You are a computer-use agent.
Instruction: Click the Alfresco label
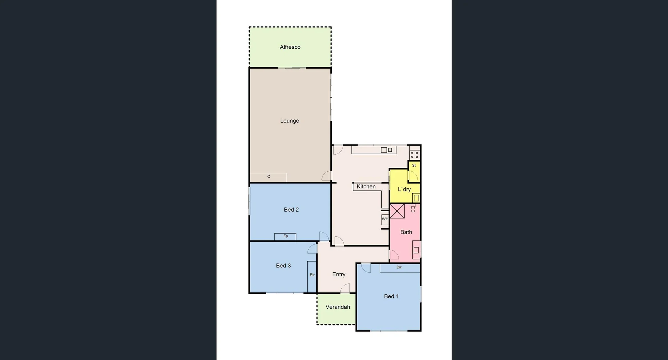coord(290,47)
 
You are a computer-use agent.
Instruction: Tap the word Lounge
coord(289,121)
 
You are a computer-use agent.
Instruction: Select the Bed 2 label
coord(291,210)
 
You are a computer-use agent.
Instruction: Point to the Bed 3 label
coord(283,266)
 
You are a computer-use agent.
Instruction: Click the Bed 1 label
coord(391,296)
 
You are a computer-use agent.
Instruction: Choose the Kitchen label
coord(366,187)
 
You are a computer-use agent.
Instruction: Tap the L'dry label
coord(404,189)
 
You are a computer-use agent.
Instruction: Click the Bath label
coord(406,232)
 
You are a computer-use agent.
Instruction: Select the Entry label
coord(339,274)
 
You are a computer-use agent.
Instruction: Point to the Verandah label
coord(337,307)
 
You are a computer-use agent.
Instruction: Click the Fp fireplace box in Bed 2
coord(285,236)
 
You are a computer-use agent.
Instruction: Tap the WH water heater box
coord(385,219)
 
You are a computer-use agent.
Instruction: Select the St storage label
coord(414,165)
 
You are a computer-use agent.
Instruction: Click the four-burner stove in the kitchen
coord(414,155)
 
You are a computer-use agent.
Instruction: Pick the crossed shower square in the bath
coord(397,211)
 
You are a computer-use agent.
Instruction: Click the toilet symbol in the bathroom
coord(413,209)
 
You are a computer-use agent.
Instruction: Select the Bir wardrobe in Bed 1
coord(399,268)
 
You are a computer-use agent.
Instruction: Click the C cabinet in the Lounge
coord(268,177)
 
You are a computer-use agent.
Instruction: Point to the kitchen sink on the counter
coord(386,150)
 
